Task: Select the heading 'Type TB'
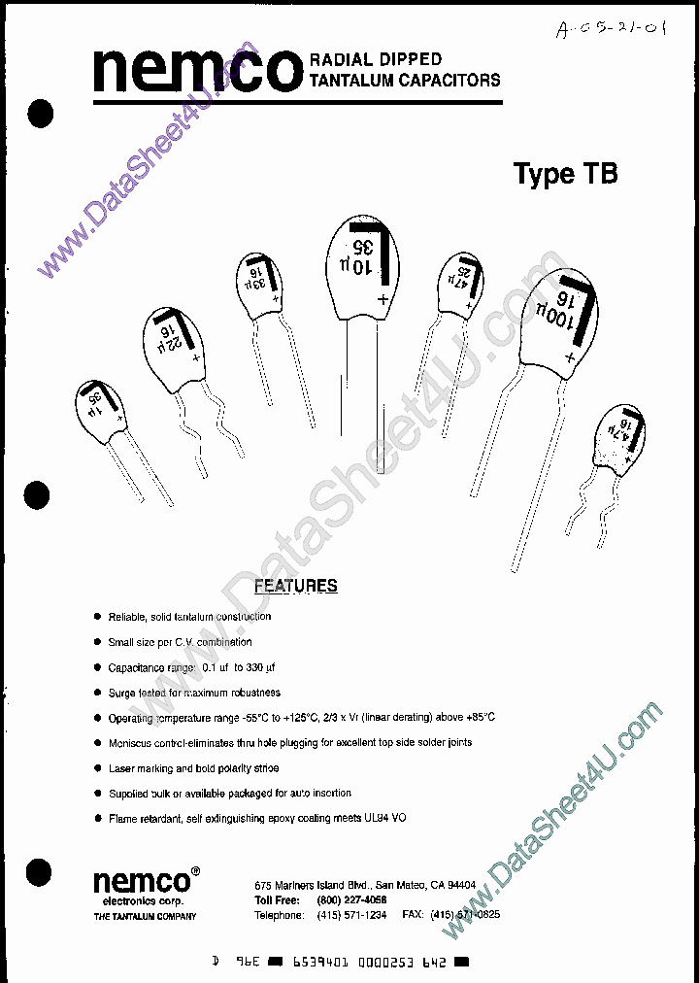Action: pos(564,174)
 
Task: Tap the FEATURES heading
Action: pos(295,586)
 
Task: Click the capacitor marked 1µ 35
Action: pos(102,410)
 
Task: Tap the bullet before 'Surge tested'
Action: pos(96,693)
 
